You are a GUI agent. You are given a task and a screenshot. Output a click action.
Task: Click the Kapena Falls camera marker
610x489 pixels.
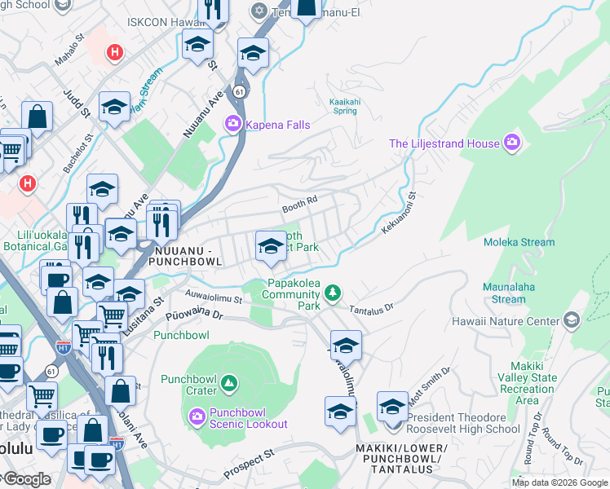(x=232, y=124)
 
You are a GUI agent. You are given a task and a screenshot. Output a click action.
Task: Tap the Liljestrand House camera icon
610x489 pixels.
(x=512, y=143)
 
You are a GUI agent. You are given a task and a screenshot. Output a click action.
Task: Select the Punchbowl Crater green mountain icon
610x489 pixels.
(x=229, y=381)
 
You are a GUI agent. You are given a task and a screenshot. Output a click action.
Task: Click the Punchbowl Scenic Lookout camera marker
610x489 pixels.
(x=198, y=417)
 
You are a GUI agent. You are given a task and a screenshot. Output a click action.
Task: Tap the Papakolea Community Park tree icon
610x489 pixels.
(x=332, y=292)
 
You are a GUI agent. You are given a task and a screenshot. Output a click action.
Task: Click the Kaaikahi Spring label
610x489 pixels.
(x=343, y=106)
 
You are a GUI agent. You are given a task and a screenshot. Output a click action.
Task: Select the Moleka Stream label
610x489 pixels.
(x=518, y=242)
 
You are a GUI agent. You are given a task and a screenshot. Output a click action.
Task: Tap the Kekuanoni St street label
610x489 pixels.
(x=399, y=214)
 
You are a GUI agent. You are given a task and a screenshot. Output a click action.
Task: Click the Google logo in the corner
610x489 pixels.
(x=26, y=479)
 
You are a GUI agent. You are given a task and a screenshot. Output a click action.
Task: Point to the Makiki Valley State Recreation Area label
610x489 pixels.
(x=533, y=383)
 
